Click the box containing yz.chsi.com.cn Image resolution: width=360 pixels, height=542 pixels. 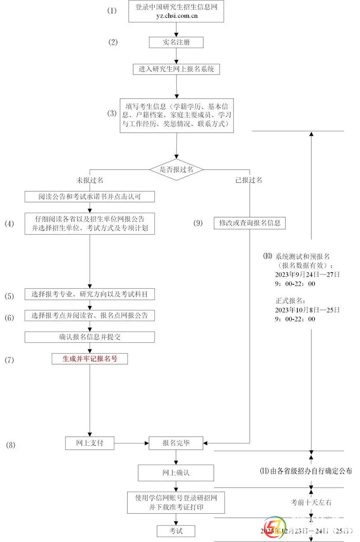[x=176, y=12]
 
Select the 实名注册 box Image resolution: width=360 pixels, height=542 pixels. [x=176, y=42]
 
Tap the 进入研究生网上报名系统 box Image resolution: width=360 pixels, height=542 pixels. [x=176, y=69]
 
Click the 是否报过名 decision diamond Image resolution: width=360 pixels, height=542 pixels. [x=176, y=169]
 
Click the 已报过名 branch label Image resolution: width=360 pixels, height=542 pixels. [x=249, y=180]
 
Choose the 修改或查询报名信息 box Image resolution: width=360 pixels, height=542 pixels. [x=249, y=223]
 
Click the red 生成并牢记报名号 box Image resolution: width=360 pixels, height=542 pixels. [x=90, y=358]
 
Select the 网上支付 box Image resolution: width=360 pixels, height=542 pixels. [x=90, y=443]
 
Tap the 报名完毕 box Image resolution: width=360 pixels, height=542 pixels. [x=176, y=443]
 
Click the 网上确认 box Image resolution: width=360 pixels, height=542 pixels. [x=176, y=473]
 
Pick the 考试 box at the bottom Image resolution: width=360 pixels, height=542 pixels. [x=176, y=531]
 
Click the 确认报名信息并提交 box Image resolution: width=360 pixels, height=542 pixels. [x=90, y=337]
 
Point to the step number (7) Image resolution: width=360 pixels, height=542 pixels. [x=9, y=360]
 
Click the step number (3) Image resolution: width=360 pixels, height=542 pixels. [x=112, y=113]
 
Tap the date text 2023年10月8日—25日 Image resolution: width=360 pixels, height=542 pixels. [x=307, y=310]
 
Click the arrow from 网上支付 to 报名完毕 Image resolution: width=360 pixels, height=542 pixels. [x=131, y=443]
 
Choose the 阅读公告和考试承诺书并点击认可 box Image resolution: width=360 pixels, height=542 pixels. [x=90, y=197]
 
